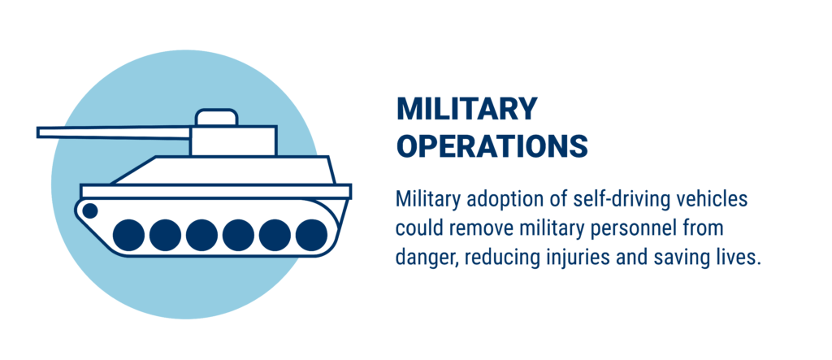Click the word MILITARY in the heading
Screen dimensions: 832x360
pos(467,109)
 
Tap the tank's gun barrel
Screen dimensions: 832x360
pos(114,132)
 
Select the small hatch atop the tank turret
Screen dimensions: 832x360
pos(216,117)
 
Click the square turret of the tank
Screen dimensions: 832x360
pos(233,141)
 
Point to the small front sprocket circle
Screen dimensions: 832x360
pos(90,210)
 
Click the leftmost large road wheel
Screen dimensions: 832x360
pos(128,235)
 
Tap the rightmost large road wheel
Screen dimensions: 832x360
pos(311,235)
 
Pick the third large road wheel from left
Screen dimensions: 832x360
pos(201,235)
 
